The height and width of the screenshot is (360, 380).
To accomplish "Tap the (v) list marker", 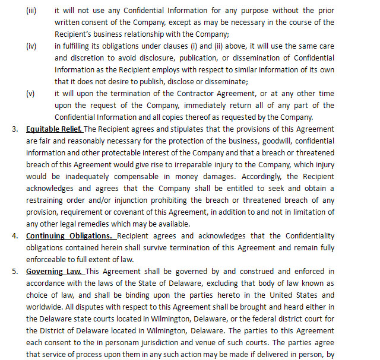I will point(30,94).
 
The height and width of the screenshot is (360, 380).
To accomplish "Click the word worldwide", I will point(45,307).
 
